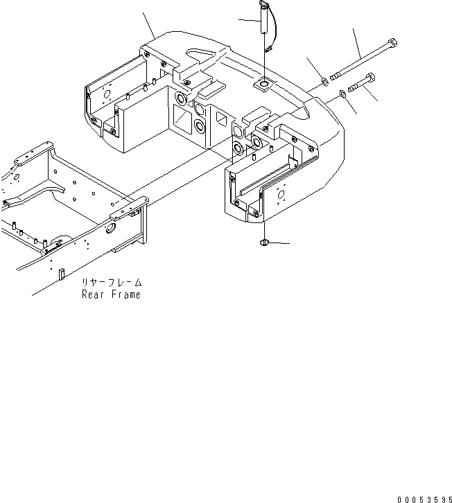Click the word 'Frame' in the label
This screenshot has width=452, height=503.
coord(125,294)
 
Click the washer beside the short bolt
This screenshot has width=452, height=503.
coord(344,94)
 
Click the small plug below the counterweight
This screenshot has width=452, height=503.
coord(264,242)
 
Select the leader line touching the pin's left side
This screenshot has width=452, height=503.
coord(248,19)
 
